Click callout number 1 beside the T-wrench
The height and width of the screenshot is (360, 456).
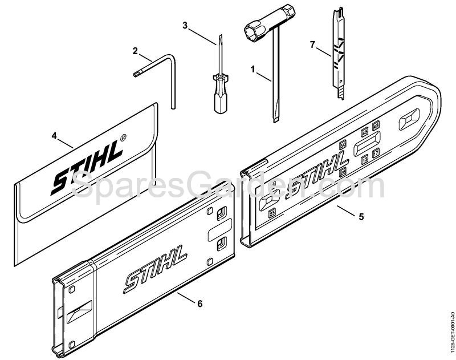[x=253, y=68]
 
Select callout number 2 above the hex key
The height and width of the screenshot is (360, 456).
[x=135, y=51]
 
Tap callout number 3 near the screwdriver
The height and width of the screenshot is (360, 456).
[x=185, y=25]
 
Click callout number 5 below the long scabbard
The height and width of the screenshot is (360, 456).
[x=361, y=217]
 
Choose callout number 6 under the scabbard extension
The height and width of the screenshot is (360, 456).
[x=200, y=303]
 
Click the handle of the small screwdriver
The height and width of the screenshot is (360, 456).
[x=219, y=101]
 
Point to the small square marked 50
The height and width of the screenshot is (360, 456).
[x=343, y=144]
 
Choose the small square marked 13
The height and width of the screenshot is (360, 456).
[x=365, y=161]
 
